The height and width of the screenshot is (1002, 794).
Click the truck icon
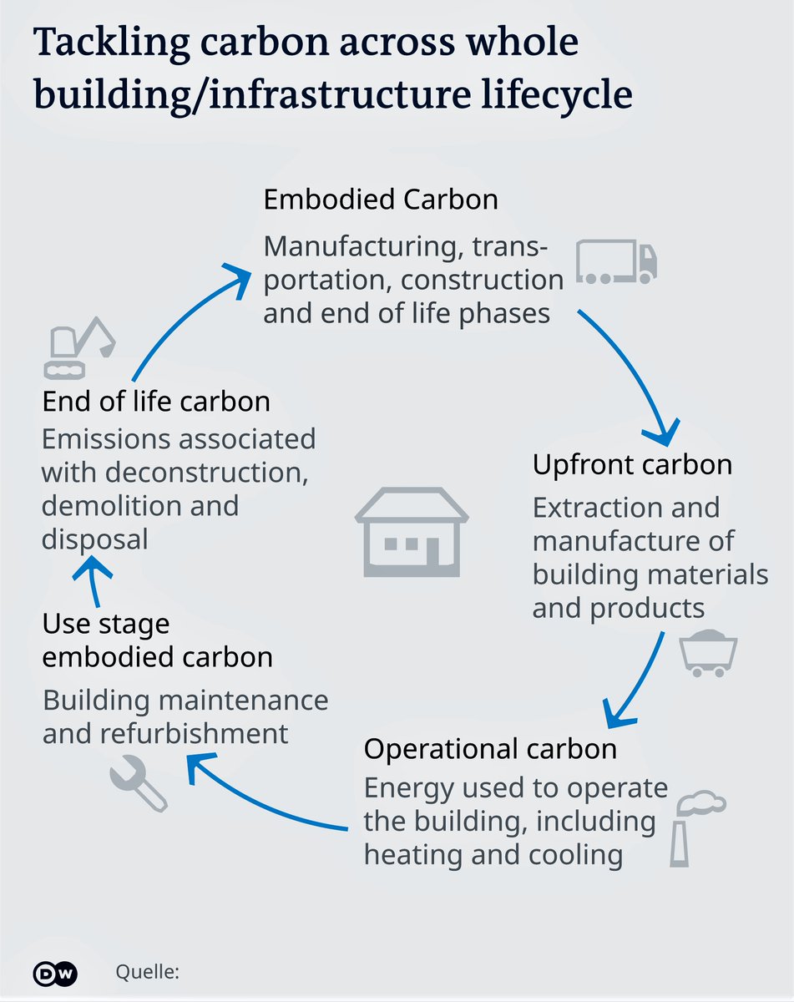click(x=617, y=261)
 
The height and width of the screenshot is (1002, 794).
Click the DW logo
click(x=55, y=973)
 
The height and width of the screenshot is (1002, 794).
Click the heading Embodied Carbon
click(x=381, y=200)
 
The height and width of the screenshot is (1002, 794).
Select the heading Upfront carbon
click(x=632, y=464)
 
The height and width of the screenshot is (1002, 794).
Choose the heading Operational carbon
click(x=490, y=748)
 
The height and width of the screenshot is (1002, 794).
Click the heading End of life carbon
click(x=156, y=401)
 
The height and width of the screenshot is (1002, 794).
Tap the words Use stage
click(x=106, y=624)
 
